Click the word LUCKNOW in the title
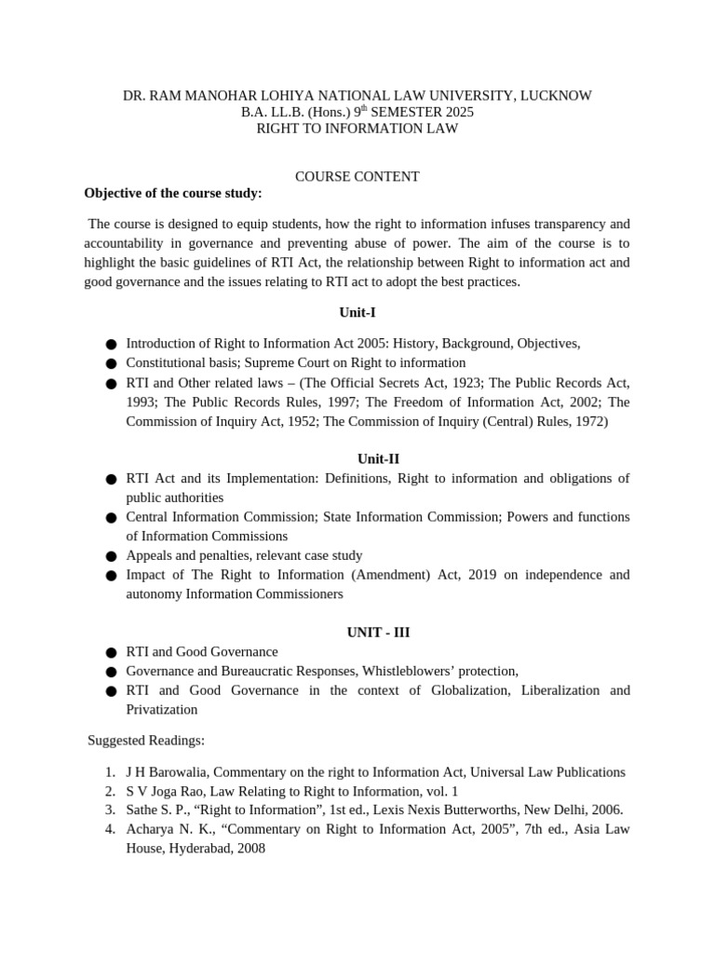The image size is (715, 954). coord(556,95)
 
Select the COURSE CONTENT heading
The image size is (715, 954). coord(357,176)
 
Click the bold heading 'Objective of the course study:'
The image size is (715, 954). coord(173,193)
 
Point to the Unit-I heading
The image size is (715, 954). coord(357,312)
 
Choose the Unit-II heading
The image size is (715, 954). coord(357,458)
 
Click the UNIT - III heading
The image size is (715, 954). coord(357,632)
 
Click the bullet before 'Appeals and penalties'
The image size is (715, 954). coord(111,556)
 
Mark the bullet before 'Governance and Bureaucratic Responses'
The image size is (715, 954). coord(111,672)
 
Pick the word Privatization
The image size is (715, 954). coord(162,709)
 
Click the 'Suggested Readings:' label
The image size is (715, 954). coord(146,740)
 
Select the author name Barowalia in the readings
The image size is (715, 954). coord(182,771)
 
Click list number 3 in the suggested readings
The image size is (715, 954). coord(110,810)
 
